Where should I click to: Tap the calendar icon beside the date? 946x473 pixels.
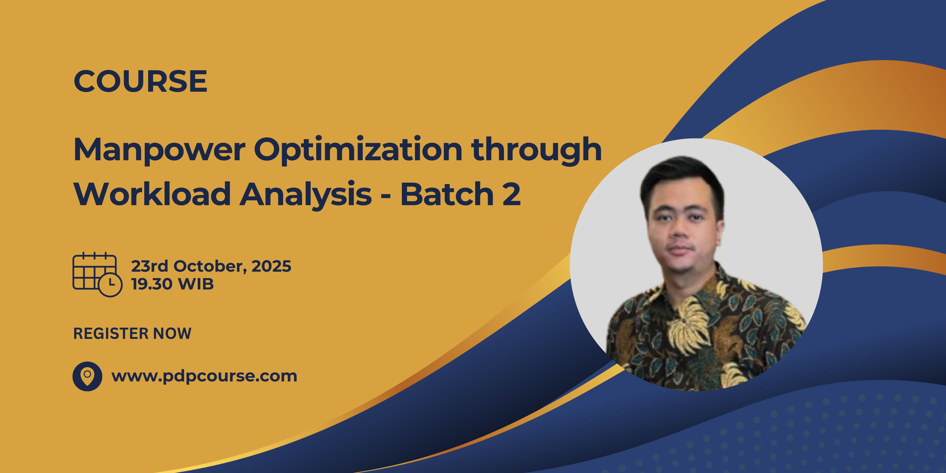(x=97, y=274)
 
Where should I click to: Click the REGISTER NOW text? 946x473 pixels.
(x=132, y=333)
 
